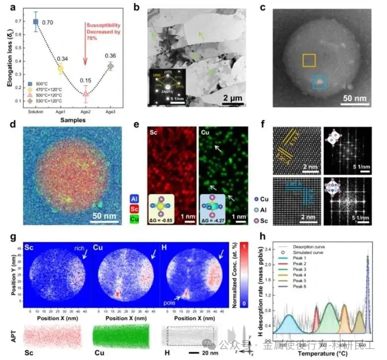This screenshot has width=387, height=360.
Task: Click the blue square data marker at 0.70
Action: [x=36, y=21]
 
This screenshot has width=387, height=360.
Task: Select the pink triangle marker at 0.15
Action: [x=86, y=93]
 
